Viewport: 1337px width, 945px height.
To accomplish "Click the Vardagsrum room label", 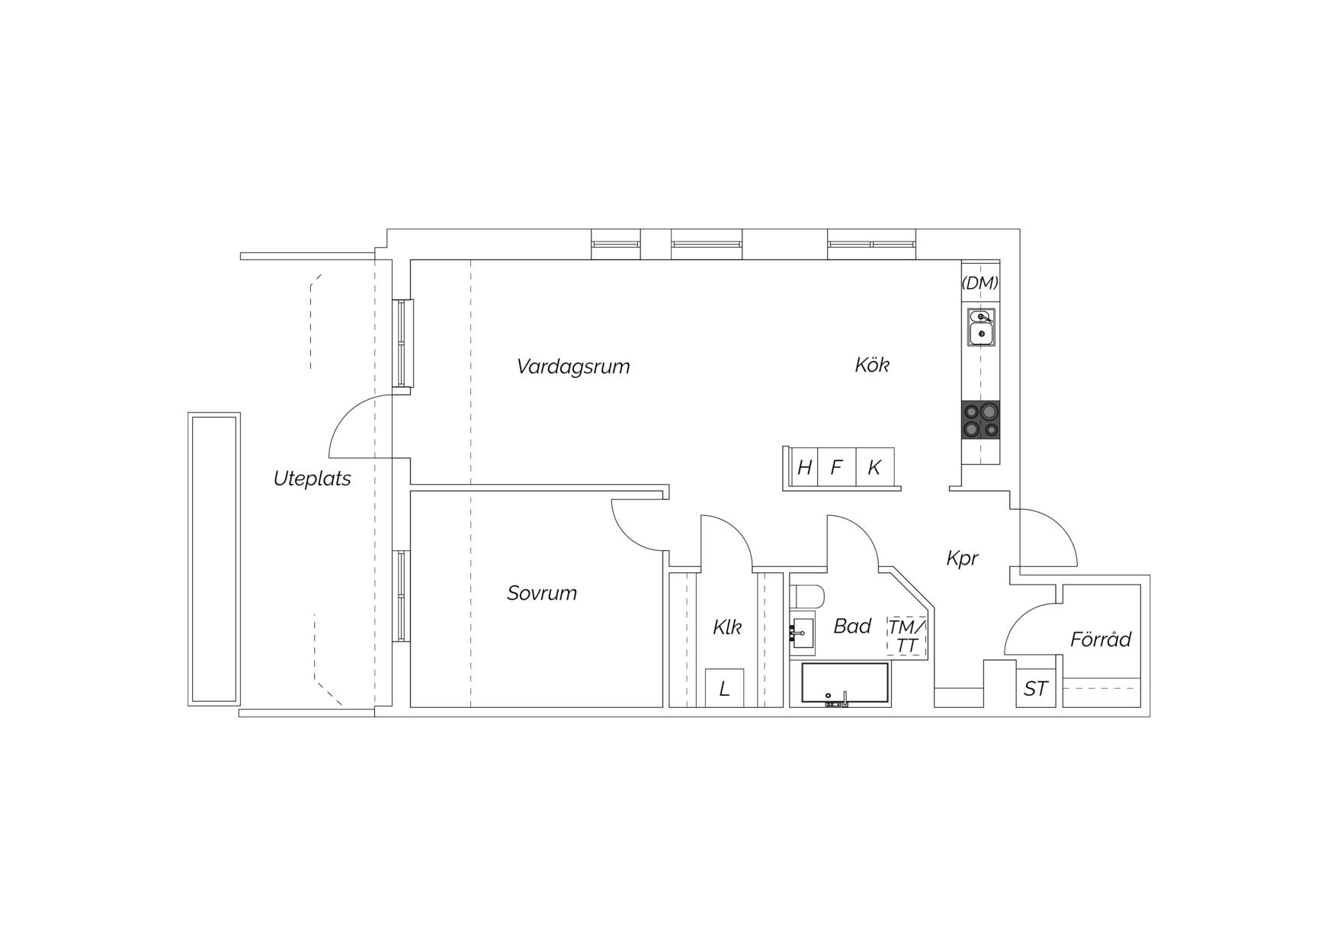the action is (x=573, y=367).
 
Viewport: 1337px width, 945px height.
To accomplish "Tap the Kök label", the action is (x=872, y=365).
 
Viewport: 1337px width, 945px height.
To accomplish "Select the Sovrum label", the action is (x=542, y=593).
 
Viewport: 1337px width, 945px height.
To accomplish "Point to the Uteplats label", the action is (x=313, y=479).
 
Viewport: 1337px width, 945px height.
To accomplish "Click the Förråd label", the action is (x=1101, y=639).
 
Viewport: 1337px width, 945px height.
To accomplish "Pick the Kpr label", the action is (x=962, y=559).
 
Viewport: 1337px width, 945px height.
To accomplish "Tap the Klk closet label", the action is (x=727, y=627).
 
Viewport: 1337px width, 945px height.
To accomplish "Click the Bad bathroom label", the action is (x=852, y=626).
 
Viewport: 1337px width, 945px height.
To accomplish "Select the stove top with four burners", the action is (x=980, y=421).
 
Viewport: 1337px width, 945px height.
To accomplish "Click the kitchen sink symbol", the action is (x=981, y=327).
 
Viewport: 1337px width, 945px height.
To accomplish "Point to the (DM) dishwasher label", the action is (x=980, y=283).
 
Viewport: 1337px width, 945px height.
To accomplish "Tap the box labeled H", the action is (x=804, y=467).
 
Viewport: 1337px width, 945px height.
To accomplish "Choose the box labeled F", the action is (x=837, y=467).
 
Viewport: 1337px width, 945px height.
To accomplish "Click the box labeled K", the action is (x=875, y=467).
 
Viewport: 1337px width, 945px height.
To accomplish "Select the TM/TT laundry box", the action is (x=907, y=636).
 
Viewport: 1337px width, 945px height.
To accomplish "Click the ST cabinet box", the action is (x=1036, y=689).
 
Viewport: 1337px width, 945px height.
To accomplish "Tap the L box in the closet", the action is (x=725, y=688).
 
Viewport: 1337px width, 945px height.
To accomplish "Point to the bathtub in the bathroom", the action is (x=845, y=683).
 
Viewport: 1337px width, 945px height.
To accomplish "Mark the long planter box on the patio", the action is (x=214, y=559).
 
